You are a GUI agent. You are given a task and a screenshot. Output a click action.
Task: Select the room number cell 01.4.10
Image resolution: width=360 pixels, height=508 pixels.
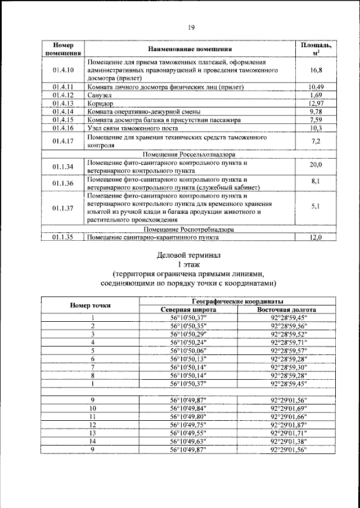pyautogui.click(x=64, y=70)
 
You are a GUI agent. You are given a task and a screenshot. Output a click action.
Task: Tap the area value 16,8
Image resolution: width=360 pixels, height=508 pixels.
pyautogui.click(x=315, y=70)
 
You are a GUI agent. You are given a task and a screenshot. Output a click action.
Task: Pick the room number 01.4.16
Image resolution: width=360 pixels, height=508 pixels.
pyautogui.click(x=64, y=128)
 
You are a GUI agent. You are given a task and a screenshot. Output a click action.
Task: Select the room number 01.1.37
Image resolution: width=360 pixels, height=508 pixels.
pyautogui.click(x=64, y=208)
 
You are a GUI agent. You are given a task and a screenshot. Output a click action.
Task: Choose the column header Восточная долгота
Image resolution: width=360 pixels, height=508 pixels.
pyautogui.click(x=286, y=309)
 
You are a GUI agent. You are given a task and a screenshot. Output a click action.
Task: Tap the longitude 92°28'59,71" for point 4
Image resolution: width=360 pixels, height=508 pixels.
pyautogui.click(x=286, y=342)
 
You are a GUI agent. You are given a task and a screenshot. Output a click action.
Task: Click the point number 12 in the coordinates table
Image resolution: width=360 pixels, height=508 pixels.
pyautogui.click(x=93, y=426)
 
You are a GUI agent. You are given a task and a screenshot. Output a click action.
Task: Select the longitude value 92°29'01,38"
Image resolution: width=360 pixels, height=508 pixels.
pyautogui.click(x=286, y=442)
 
